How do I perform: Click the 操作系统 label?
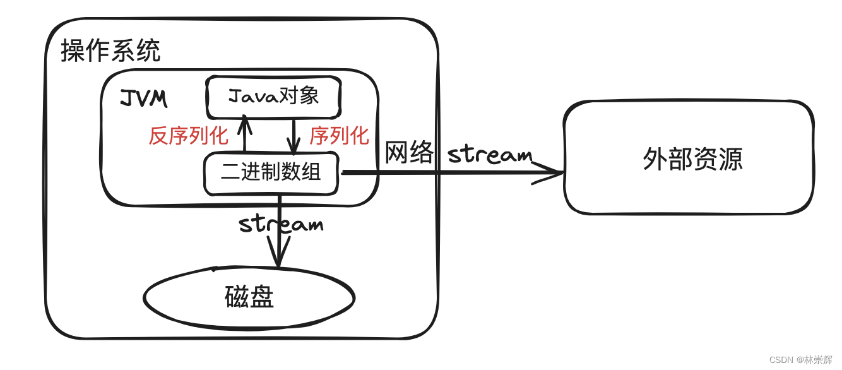[x=110, y=51]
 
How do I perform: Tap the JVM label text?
[x=143, y=98]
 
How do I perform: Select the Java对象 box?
[x=273, y=97]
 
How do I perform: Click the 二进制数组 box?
[x=271, y=172]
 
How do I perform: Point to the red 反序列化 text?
[x=188, y=136]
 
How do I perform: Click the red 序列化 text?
[x=339, y=136]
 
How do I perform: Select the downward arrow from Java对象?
[x=294, y=136]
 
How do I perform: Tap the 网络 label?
[x=409, y=153]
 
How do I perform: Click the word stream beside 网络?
[x=490, y=154]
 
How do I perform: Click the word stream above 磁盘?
[x=281, y=224]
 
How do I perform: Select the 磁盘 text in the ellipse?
[x=249, y=297]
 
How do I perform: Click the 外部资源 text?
[x=692, y=159]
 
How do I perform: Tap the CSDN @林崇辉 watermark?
[x=800, y=360]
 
